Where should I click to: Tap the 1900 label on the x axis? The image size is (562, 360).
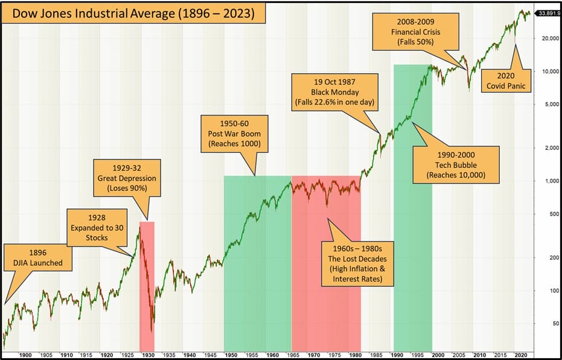point(25,355)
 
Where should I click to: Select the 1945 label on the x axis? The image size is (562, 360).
point(210,355)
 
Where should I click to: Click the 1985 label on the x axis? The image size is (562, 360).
point(375,355)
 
